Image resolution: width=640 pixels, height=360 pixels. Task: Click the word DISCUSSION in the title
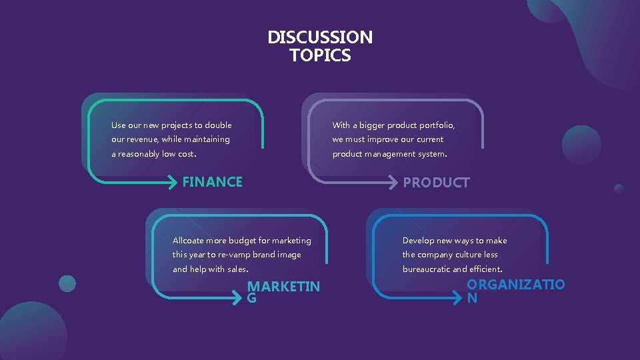(320, 37)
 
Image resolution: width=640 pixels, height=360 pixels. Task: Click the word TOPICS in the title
(320, 55)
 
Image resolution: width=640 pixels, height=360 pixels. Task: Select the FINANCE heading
(213, 182)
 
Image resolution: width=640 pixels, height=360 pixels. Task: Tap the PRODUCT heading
(437, 183)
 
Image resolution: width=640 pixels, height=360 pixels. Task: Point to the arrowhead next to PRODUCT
(396, 182)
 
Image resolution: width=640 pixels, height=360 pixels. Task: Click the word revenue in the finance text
(143, 139)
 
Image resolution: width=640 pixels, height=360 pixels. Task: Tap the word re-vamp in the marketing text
(233, 255)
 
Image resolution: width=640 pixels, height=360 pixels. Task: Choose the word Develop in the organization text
(417, 241)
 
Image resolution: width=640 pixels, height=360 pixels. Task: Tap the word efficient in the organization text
(485, 269)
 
